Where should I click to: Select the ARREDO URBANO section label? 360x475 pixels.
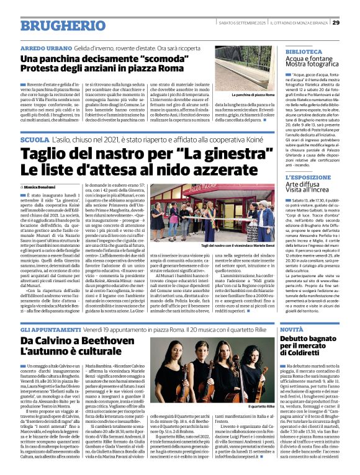[x=45, y=48]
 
